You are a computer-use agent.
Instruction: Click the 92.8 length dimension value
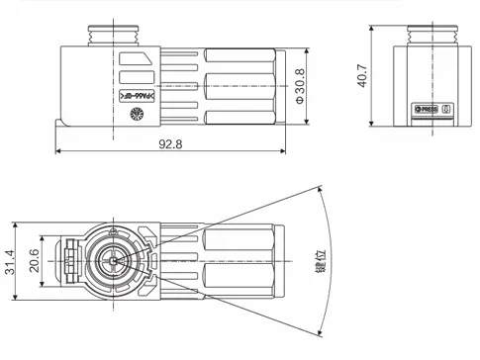click(171, 144)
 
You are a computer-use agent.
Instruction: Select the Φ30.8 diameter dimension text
click(300, 86)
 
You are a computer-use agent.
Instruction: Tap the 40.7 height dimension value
click(363, 76)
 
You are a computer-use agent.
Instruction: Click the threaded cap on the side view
click(100, 34)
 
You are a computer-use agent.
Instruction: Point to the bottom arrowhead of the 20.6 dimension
click(43, 288)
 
